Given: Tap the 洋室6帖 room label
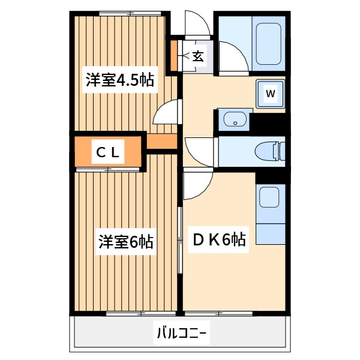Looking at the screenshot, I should [126, 242].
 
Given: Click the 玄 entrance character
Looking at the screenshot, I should [197, 56].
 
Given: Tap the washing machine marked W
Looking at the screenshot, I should [271, 94].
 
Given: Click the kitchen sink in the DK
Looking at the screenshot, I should [270, 196].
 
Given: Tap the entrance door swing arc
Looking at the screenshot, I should [198, 24].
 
